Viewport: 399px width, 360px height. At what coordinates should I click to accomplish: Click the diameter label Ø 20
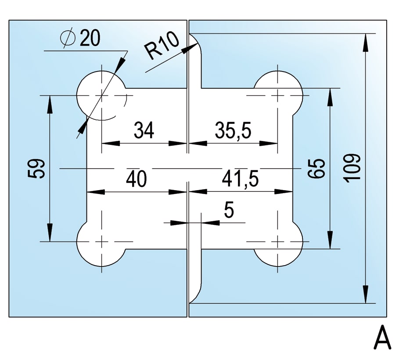[80, 39]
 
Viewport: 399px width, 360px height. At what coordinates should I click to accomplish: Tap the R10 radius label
[161, 46]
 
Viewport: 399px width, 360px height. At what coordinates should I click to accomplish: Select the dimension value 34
[144, 130]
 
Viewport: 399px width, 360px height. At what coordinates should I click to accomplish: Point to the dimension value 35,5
[233, 130]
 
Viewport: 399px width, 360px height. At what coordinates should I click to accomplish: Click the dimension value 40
[137, 179]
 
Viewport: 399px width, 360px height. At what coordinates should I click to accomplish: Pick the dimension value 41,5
[240, 179]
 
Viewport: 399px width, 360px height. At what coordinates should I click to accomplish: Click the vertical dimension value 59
[36, 169]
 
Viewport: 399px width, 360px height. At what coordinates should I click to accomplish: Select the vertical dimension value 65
[316, 168]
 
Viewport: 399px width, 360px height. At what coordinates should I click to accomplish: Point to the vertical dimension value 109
[352, 168]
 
